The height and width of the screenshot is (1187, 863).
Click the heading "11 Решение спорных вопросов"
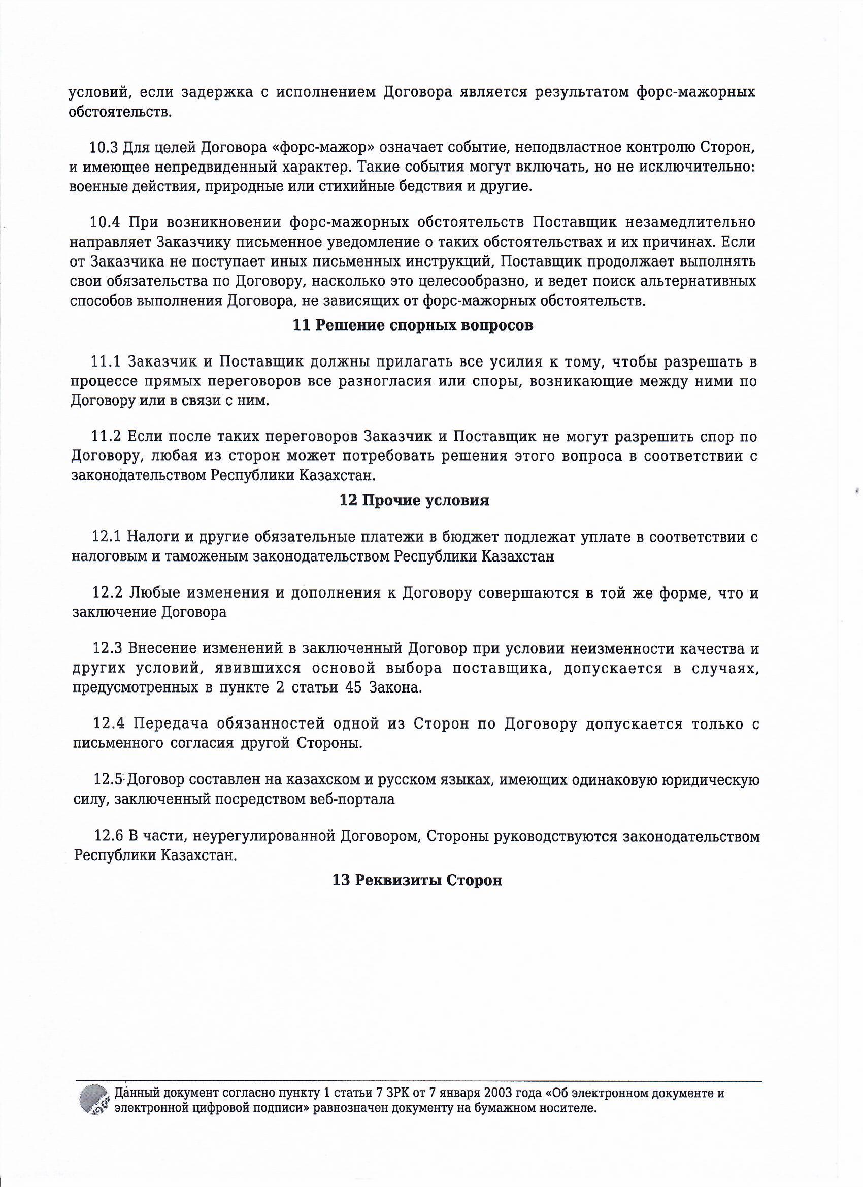[x=413, y=325]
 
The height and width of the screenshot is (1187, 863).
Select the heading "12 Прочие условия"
[x=414, y=501]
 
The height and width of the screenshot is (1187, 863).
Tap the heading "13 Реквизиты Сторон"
[x=417, y=880]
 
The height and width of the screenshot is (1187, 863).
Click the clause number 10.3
[x=104, y=148]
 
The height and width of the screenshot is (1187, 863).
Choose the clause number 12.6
[x=108, y=836]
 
